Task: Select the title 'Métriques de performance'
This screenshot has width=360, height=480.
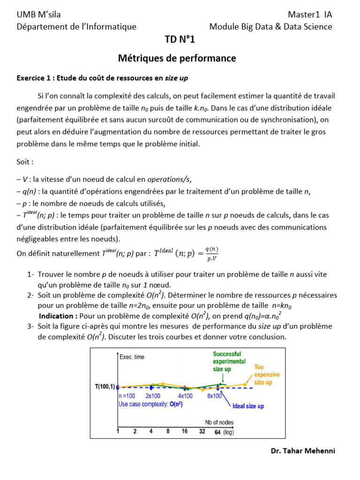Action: [177, 59]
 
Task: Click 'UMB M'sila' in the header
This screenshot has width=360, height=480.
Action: [38, 15]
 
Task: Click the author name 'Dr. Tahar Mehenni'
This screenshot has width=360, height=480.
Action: [303, 451]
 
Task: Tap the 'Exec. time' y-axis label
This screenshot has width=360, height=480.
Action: [132, 357]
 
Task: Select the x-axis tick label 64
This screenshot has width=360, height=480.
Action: [217, 432]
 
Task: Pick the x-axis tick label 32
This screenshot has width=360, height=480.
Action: [202, 431]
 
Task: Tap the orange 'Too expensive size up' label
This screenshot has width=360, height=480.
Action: [267, 375]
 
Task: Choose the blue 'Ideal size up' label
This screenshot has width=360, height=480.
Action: [248, 406]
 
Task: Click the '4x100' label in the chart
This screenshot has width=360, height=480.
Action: [185, 396]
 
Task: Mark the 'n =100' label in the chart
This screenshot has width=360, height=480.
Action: [127, 396]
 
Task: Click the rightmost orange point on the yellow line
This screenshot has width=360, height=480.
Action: [245, 384]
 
